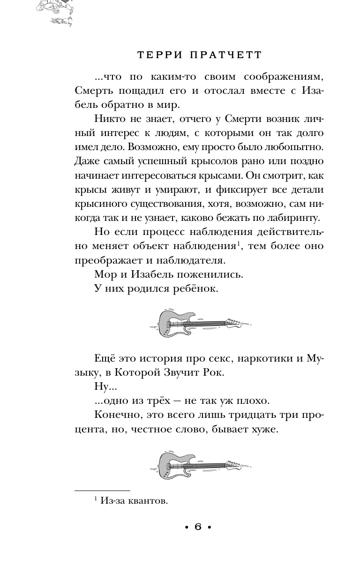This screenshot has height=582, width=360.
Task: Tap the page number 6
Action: point(197,527)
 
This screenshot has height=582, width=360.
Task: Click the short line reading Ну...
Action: point(102,388)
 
